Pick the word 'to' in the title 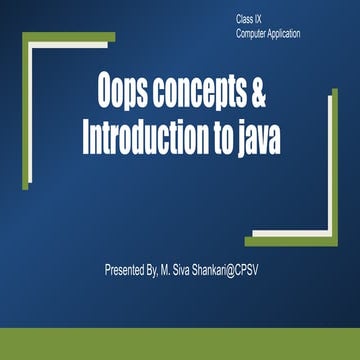coord(213,133)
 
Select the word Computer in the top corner coord(251,33)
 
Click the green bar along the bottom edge coord(180,344)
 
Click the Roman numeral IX coord(263,20)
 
